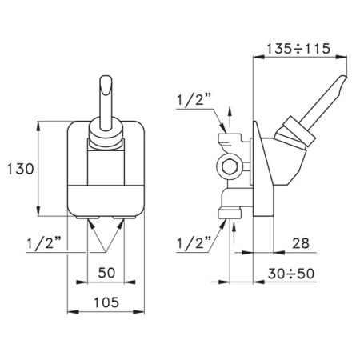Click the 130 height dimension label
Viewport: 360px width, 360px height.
coord(18,169)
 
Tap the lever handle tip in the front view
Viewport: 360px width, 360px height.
coord(106,83)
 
